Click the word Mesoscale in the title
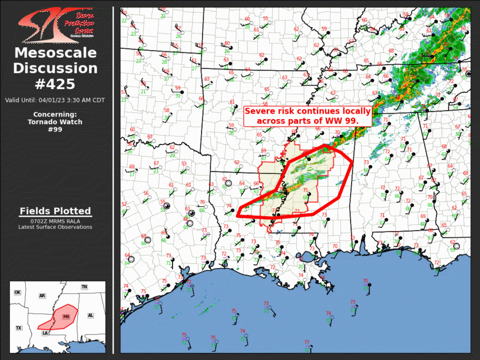pos(55,54)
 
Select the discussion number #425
pos(55,83)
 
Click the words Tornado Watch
pos(55,122)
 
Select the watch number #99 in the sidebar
pos(55,130)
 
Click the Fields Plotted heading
pos(55,211)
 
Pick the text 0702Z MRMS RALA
pos(55,221)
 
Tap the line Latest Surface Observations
pos(55,227)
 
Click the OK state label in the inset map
pos(17,292)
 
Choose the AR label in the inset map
pos(42,295)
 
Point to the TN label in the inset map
pos(84,287)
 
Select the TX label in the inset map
pos(18,328)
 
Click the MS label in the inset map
pos(66,316)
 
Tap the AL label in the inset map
pos(90,316)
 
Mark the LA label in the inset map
pos(45,333)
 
